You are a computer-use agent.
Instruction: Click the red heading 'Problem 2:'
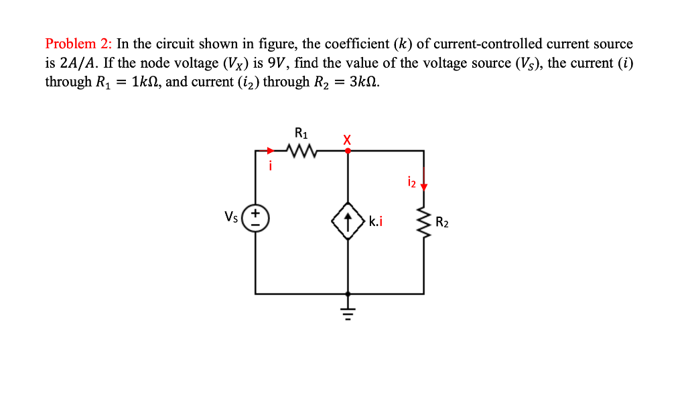79,44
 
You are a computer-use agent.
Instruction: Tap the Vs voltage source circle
256,218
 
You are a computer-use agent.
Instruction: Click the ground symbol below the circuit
347,311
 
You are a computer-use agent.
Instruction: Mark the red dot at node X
347,151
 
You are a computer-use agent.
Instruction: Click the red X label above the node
346,139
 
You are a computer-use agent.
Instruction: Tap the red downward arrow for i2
423,186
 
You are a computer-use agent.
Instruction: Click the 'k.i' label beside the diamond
375,221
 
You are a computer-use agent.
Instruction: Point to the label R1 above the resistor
301,132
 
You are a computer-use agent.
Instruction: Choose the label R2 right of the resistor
442,222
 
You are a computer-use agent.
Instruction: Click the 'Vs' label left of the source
231,217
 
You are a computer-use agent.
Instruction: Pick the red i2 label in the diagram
412,182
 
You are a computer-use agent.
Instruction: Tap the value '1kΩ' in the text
145,82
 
